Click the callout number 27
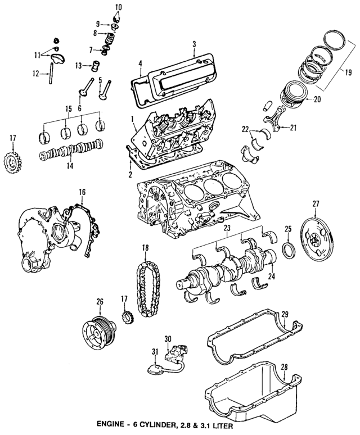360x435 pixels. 316,203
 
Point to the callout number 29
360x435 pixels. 285,314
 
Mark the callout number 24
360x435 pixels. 272,276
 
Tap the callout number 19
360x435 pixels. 348,72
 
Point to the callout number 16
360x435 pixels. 82,192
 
